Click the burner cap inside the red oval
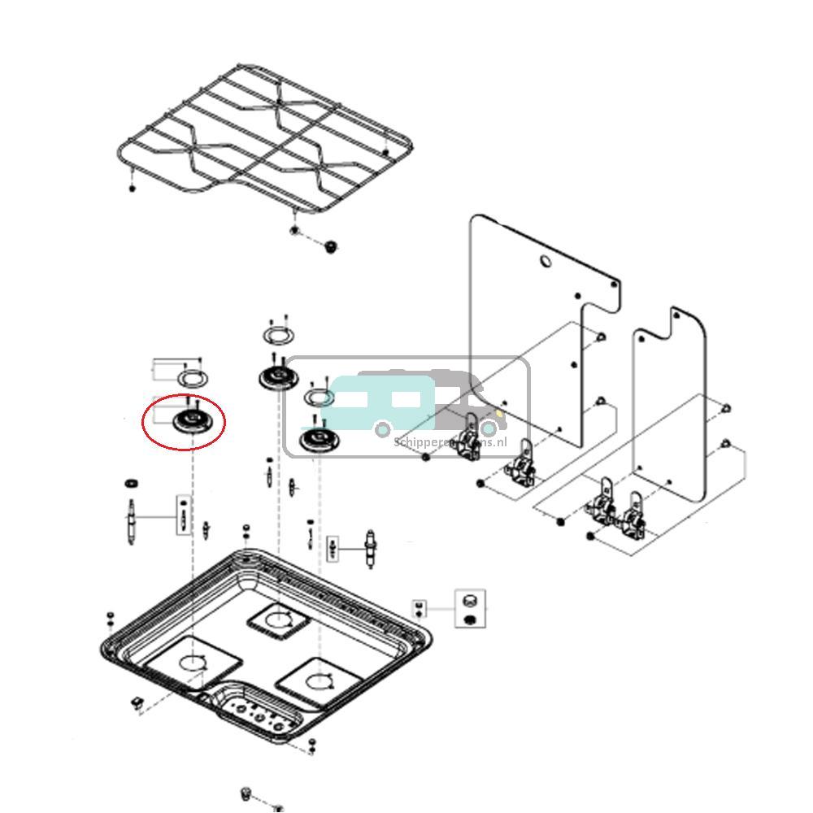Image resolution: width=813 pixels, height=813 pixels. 193,420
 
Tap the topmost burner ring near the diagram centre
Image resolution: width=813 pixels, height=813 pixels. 279,335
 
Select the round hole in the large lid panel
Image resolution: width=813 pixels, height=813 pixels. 546,262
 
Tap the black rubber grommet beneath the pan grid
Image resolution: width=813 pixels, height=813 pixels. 330,246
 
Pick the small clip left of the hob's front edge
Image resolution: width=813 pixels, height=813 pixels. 136,702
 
